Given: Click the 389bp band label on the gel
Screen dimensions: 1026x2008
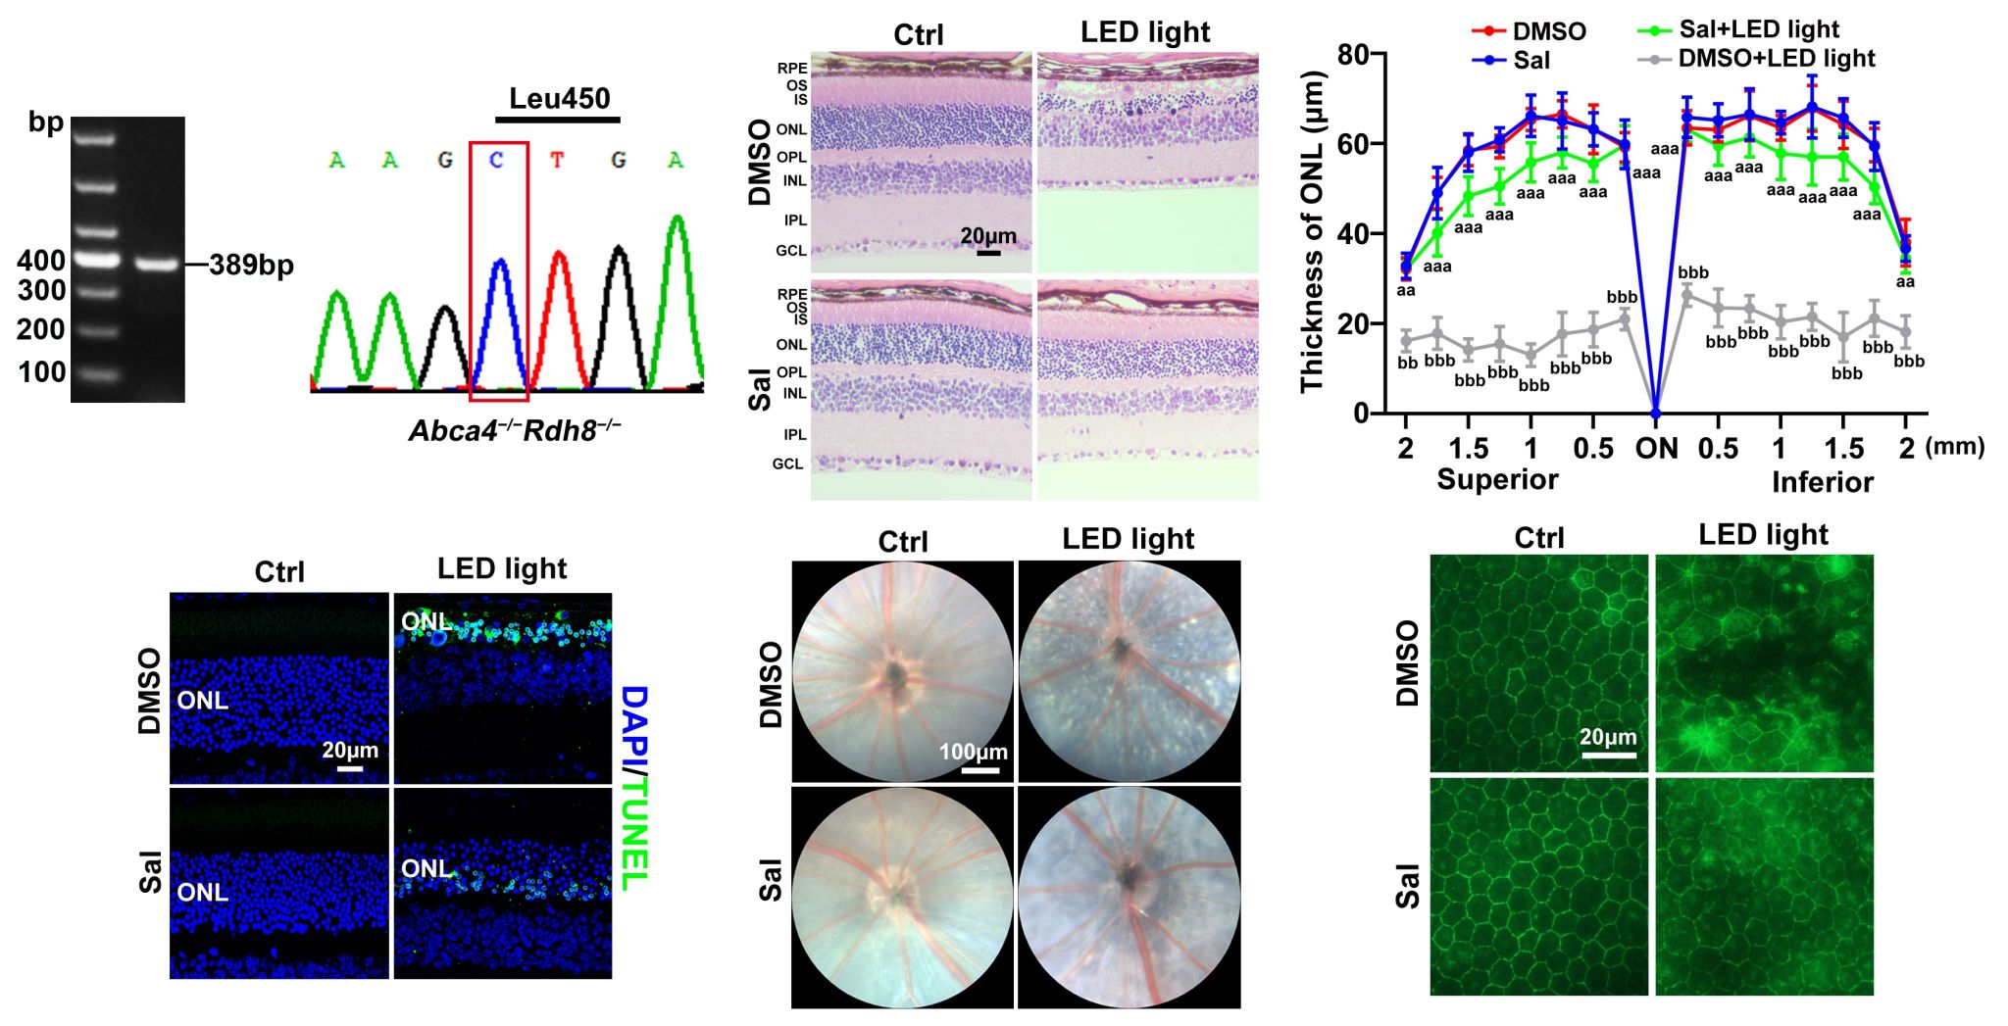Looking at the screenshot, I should tap(251, 265).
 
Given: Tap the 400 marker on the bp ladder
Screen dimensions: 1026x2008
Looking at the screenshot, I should tap(41, 261).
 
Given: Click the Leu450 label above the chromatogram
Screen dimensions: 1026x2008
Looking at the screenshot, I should tap(559, 99).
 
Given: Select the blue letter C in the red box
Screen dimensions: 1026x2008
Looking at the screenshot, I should tap(498, 160).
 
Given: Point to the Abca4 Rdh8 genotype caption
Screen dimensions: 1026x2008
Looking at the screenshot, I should tap(515, 431).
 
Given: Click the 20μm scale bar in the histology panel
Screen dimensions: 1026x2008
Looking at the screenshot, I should tap(988, 253).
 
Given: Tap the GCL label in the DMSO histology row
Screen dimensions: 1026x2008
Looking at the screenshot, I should tap(791, 251).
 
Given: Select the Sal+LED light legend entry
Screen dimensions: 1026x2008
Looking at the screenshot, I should tap(1738, 29).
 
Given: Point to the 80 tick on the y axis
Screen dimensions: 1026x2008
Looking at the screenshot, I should tap(1352, 53).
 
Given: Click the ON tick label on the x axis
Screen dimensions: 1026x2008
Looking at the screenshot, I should tap(1656, 449).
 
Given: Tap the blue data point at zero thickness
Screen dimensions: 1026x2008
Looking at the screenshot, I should tap(1656, 413).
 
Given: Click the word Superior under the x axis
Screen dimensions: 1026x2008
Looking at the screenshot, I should tap(1497, 479).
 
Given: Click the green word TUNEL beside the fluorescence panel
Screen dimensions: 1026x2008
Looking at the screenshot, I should tap(634, 833).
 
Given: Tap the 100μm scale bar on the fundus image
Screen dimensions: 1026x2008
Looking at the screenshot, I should tap(979, 770).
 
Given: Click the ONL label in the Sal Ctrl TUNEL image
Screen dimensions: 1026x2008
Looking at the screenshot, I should tap(202, 893).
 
